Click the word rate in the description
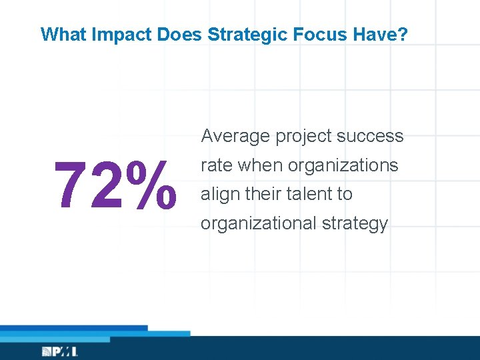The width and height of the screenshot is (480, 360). coord(216,165)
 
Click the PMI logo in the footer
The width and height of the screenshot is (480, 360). coord(60,351)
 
